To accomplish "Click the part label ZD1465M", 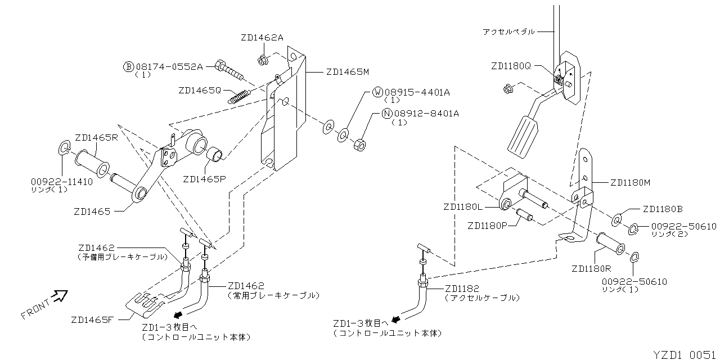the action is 348,71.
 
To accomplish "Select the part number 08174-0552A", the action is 169,67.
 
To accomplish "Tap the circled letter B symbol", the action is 129,67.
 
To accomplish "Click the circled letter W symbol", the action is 377,92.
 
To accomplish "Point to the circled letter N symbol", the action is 387,114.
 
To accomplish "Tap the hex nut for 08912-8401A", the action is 359,145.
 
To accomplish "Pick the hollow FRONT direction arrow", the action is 61,296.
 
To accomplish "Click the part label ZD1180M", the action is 631,183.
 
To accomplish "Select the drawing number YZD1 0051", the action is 686,355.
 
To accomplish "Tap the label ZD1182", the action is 462,289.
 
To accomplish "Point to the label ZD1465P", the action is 204,179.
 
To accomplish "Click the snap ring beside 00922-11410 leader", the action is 65,147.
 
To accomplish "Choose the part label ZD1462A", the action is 262,38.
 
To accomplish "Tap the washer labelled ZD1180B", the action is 616,220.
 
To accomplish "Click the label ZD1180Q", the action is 511,66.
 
